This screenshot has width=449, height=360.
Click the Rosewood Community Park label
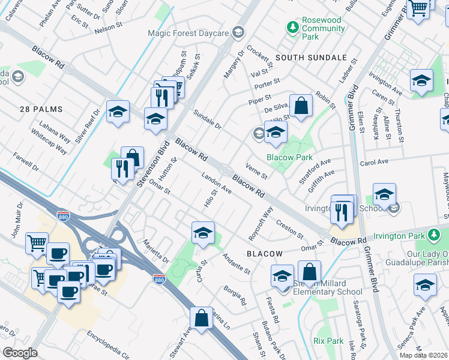(321, 28)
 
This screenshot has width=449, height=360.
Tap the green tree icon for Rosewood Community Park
(292, 27)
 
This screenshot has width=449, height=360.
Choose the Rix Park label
(327, 340)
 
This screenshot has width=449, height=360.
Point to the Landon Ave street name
(217, 184)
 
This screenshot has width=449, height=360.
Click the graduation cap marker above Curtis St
(203, 232)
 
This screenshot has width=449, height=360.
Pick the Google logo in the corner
(20, 352)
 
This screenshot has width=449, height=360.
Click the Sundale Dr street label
(207, 119)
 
